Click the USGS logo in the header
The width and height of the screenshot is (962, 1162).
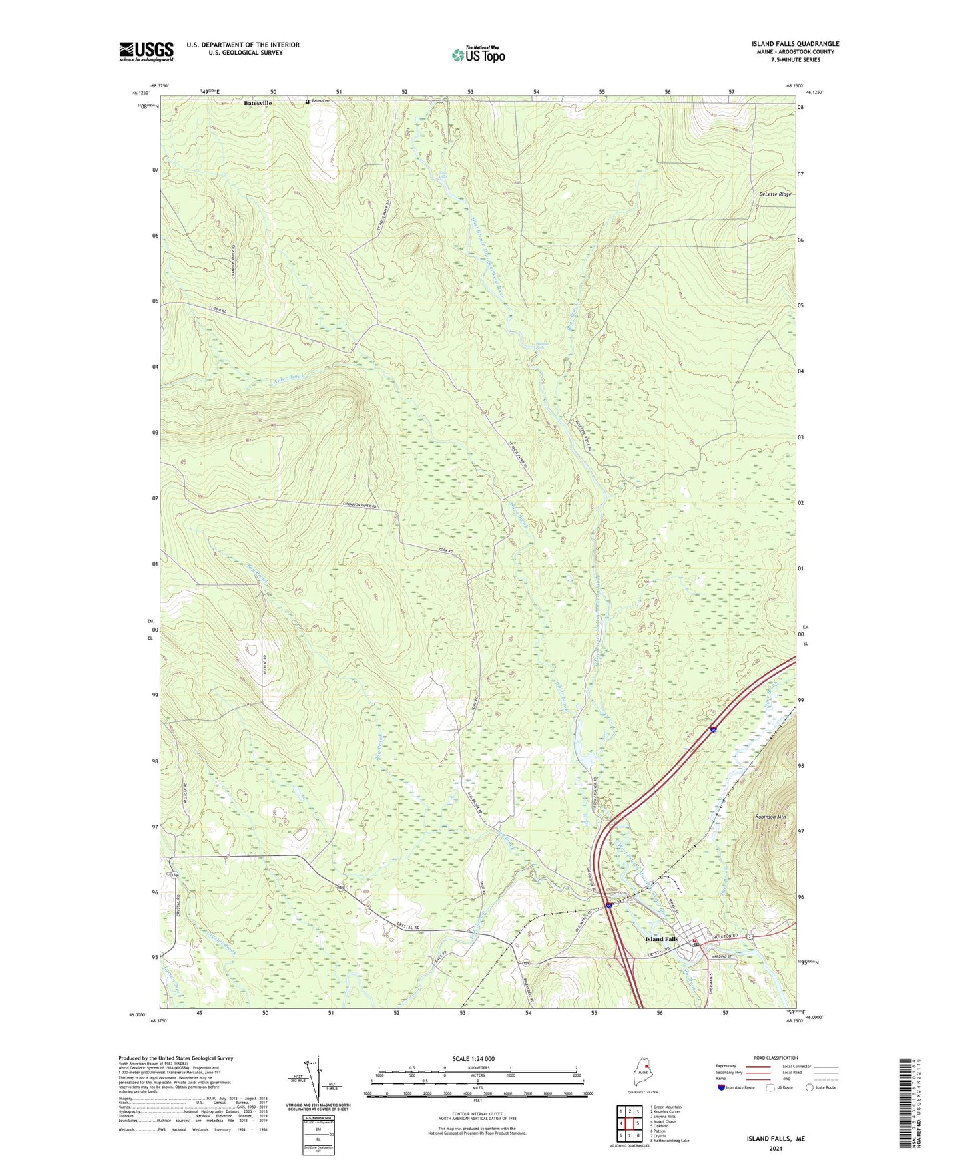(146, 51)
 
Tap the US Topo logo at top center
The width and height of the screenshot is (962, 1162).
(478, 54)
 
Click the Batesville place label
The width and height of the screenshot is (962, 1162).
(258, 103)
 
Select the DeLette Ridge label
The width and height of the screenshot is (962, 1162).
(775, 194)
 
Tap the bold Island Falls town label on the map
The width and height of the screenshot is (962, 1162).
(662, 939)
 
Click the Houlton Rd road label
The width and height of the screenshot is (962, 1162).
(726, 936)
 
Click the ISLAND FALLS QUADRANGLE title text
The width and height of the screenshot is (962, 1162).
(795, 44)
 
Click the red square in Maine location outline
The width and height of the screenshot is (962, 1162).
(645, 1064)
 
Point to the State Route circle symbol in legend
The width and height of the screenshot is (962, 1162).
(810, 1087)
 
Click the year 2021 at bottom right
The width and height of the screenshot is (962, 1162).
(775, 1149)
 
